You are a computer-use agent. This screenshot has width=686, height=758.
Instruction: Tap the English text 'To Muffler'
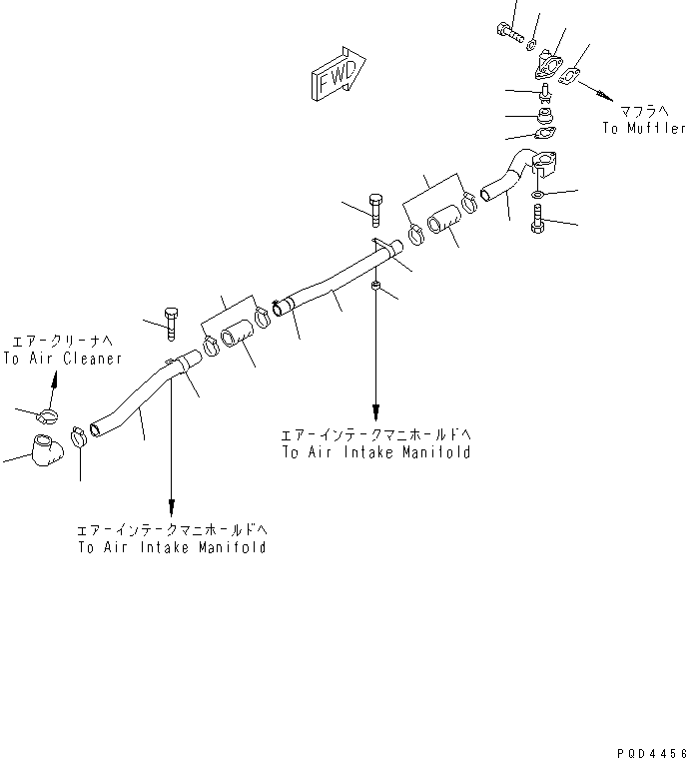coord(643,129)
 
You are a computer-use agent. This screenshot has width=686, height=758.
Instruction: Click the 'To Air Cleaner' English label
coord(62,358)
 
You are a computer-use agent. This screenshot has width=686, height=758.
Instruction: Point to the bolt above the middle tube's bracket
coord(376,209)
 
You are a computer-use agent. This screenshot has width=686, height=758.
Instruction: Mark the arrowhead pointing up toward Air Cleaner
coord(55,379)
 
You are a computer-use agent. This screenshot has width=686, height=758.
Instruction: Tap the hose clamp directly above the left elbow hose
coord(47,414)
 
